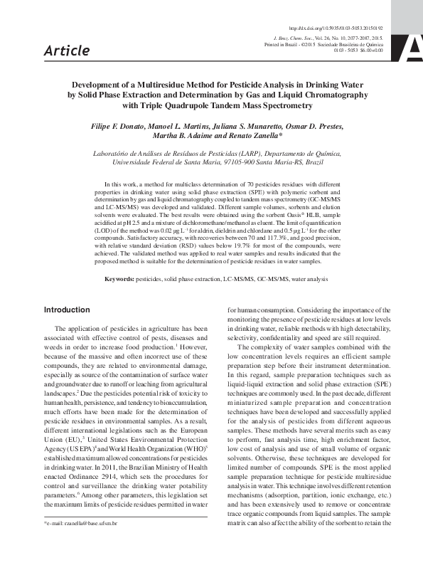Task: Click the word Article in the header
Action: click(x=67, y=50)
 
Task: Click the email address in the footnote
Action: click(x=90, y=543)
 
